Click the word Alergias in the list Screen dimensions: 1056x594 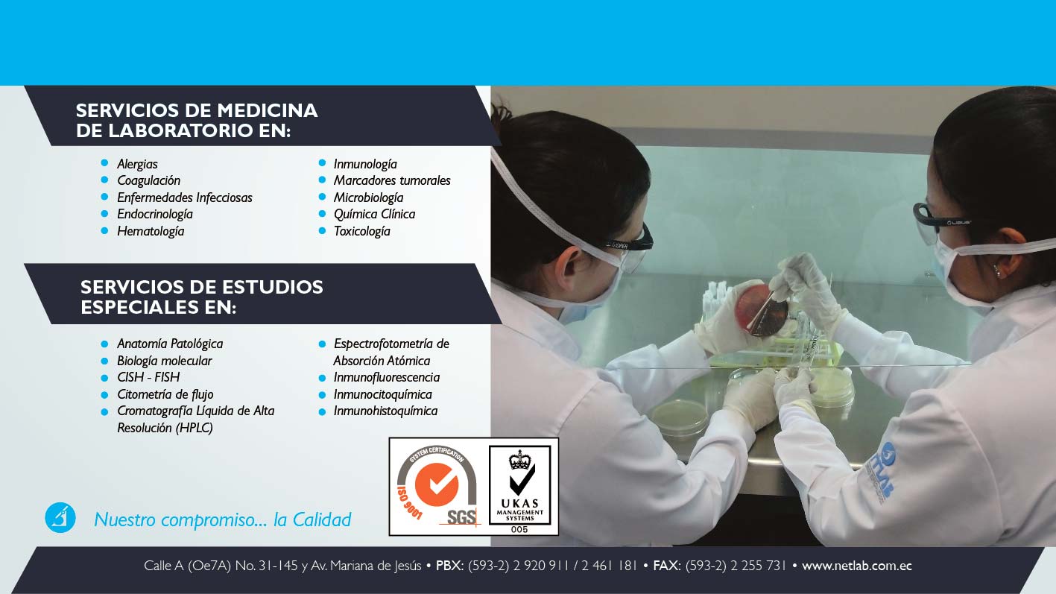click(137, 164)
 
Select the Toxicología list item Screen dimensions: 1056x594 click(361, 231)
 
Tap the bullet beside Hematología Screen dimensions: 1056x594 click(104, 230)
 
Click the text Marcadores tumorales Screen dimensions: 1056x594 click(392, 180)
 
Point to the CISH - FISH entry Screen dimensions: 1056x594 click(148, 377)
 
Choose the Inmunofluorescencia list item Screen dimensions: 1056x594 click(387, 377)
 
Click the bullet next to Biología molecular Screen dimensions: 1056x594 click(104, 361)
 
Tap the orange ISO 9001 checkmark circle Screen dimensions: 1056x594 click(437, 485)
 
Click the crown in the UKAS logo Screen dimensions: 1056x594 click(519, 460)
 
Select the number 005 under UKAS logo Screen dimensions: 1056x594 click(519, 529)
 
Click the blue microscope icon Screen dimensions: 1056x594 click(60, 518)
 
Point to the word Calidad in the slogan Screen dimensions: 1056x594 click(322, 519)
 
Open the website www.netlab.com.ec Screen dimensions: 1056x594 click(857, 566)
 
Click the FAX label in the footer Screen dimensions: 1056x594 click(666, 565)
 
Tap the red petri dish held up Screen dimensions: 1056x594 click(760, 309)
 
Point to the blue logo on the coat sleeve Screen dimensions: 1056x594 click(879, 473)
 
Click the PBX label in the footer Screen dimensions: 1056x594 click(449, 565)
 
